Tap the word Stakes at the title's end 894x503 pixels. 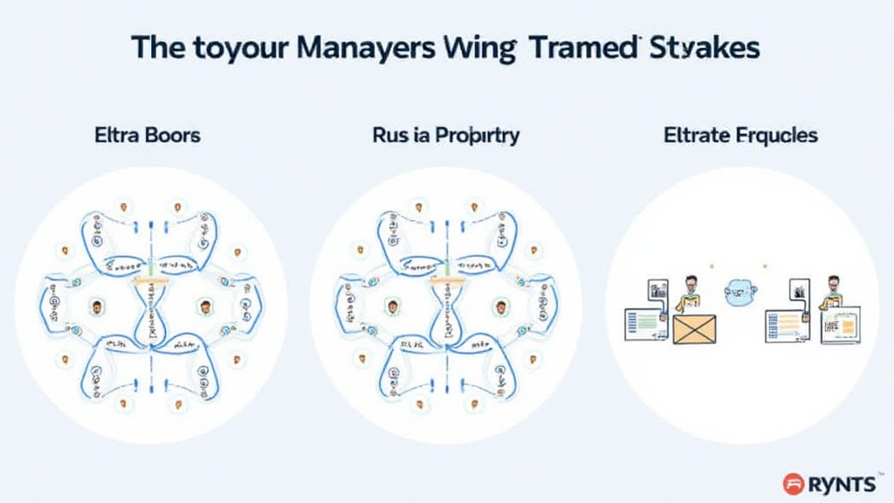(706, 48)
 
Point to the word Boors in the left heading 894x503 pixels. (173, 135)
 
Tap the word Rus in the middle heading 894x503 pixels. (389, 135)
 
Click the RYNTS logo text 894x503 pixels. (842, 481)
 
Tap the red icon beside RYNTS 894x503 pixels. (794, 481)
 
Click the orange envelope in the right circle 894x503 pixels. (694, 329)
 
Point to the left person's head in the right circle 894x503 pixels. (691, 286)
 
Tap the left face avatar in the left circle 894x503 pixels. (96, 307)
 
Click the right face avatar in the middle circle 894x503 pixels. (500, 307)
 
